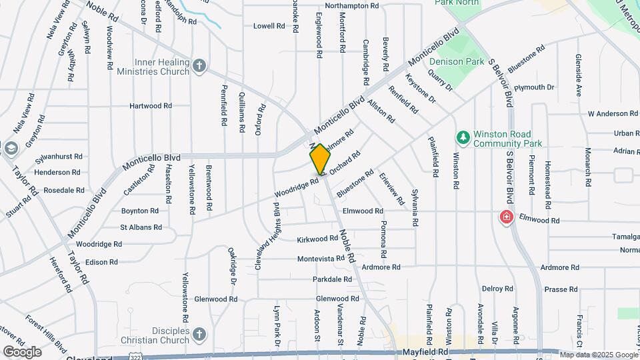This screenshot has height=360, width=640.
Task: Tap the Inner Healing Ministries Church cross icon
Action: (199, 66)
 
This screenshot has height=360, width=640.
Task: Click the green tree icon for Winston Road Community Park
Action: (463, 137)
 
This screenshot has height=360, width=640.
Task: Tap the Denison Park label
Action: (456, 61)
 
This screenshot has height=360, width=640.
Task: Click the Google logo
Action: (22, 351)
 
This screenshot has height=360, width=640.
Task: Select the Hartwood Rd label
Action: (151, 105)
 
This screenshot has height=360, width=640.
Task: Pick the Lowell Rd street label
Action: (269, 26)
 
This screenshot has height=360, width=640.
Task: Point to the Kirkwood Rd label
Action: (317, 238)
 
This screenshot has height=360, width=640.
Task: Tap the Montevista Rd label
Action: (321, 258)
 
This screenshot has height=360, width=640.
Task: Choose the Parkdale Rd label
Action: (332, 279)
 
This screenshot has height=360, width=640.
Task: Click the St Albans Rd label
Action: (141, 227)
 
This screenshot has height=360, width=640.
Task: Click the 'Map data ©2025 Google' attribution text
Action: (599, 355)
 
